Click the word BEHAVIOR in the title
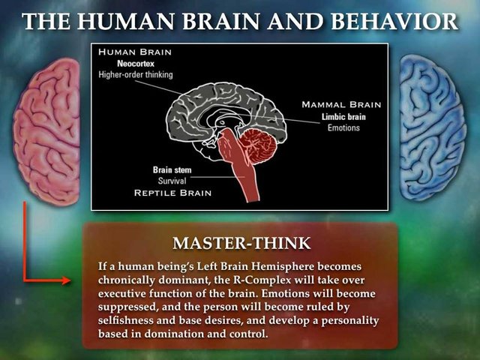coord(394,22)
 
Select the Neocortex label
coord(136,64)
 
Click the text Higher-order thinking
coord(136,75)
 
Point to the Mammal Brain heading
coord(341,105)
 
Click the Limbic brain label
coord(343,117)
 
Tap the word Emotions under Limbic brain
coord(343,127)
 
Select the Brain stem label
coord(172,170)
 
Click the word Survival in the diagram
coord(172,181)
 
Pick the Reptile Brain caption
coord(172,193)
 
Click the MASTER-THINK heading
coord(241,243)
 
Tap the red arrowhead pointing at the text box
coord(66,280)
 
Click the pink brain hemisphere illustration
coord(46,131)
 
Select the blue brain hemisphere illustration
coord(432,127)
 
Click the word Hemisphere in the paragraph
coord(283,266)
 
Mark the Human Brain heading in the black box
coord(135,52)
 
